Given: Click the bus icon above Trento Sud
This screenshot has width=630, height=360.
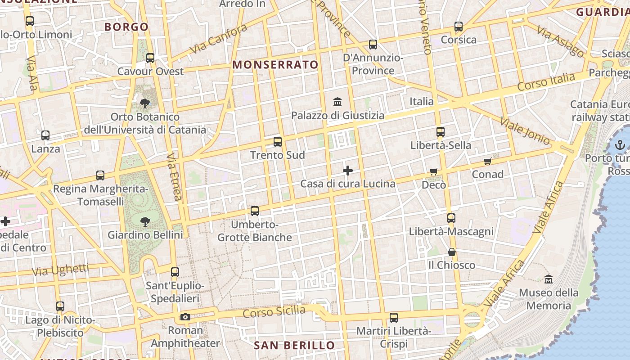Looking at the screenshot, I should click(x=278, y=142).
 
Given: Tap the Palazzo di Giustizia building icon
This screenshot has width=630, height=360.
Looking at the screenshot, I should click(x=338, y=102).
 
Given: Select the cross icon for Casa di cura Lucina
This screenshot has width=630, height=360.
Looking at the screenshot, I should click(x=348, y=171).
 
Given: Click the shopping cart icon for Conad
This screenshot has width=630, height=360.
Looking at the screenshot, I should click(x=488, y=161).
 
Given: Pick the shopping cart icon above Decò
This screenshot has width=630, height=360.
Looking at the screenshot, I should click(x=434, y=171).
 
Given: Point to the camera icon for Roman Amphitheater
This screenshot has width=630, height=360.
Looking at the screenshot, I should click(x=185, y=317).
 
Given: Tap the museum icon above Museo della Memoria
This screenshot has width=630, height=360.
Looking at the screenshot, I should click(x=548, y=279).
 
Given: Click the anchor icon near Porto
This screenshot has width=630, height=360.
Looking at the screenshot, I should click(x=620, y=145).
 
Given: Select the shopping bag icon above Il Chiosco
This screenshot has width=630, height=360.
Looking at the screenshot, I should click(x=452, y=252).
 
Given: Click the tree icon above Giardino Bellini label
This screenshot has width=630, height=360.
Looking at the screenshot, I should click(x=145, y=221).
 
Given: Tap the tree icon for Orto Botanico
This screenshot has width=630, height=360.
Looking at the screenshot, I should click(x=145, y=103).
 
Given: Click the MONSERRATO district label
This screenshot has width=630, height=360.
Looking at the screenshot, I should click(x=275, y=65).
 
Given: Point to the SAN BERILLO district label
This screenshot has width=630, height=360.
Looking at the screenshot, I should click(x=294, y=346).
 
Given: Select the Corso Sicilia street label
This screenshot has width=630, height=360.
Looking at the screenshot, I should click(x=274, y=311).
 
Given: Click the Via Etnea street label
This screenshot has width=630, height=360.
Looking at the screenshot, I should click(x=174, y=176).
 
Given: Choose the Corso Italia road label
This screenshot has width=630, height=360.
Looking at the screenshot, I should click(x=546, y=82).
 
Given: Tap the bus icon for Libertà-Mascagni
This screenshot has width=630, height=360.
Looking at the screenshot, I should click(x=451, y=218).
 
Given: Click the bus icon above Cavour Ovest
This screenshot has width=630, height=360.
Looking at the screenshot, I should click(x=150, y=58).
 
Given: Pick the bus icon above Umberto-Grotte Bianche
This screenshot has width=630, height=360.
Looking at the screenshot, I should click(x=255, y=211).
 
